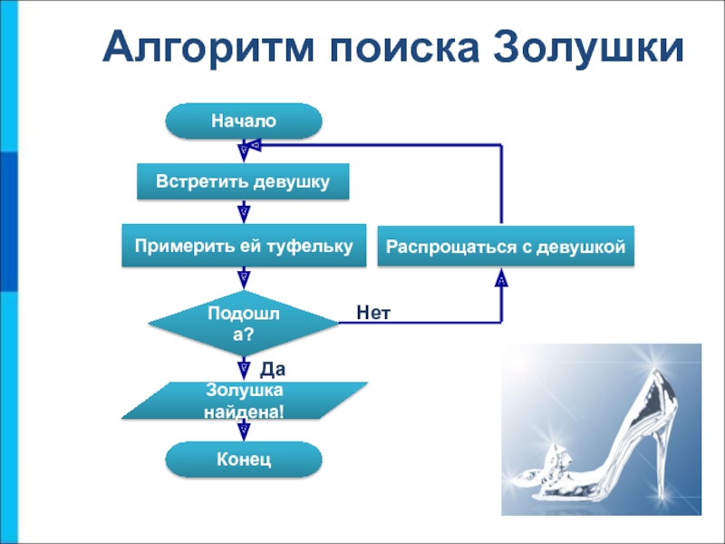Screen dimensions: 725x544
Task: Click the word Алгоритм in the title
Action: pos(208,48)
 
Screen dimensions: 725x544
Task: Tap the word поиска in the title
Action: pos(404,48)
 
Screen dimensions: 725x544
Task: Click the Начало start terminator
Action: pos(244,121)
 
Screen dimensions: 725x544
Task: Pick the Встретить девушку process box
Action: pos(243,181)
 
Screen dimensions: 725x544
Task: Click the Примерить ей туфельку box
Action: pos(244,246)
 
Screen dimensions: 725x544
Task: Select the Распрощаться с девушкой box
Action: pos(506,246)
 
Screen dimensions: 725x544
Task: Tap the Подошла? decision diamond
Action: pos(244,324)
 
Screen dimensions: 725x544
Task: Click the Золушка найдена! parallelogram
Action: pos(244,401)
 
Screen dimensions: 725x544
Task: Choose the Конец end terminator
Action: pos(244,460)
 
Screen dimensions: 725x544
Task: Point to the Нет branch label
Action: pos(373,313)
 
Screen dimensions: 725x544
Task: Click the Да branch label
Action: pos(273,369)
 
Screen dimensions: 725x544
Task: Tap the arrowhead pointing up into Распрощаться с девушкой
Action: pos(501,277)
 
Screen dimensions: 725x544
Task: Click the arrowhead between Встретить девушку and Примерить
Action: pos(244,214)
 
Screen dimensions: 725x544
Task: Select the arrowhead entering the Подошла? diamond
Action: pos(244,280)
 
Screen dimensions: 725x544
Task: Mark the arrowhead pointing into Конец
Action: pos(244,432)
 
